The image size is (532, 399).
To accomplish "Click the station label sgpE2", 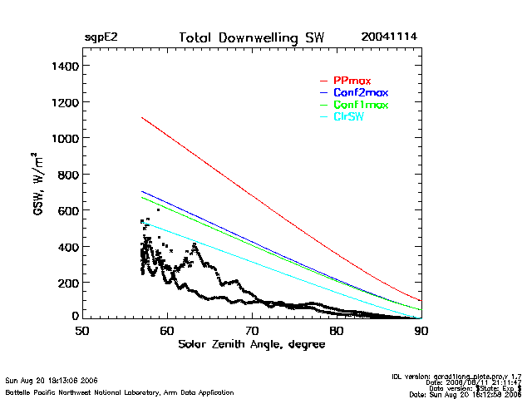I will point(101,38).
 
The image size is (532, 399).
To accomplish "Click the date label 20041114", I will point(389,37).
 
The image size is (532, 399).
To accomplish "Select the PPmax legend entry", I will point(352,81).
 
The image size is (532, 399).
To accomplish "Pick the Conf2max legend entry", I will point(360,92).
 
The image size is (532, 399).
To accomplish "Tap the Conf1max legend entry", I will point(360,105).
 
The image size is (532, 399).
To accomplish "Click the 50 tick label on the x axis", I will point(82,330).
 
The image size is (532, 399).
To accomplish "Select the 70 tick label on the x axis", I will point(252,330).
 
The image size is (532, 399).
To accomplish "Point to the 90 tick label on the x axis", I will point(421,330).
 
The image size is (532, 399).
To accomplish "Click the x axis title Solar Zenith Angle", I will point(252,344).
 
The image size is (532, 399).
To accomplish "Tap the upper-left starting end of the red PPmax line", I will point(142,118).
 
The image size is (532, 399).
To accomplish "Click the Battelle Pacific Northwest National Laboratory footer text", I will point(119,392).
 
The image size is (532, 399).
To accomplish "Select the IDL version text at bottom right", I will point(456,377).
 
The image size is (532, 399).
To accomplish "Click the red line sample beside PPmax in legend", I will point(324,81).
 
